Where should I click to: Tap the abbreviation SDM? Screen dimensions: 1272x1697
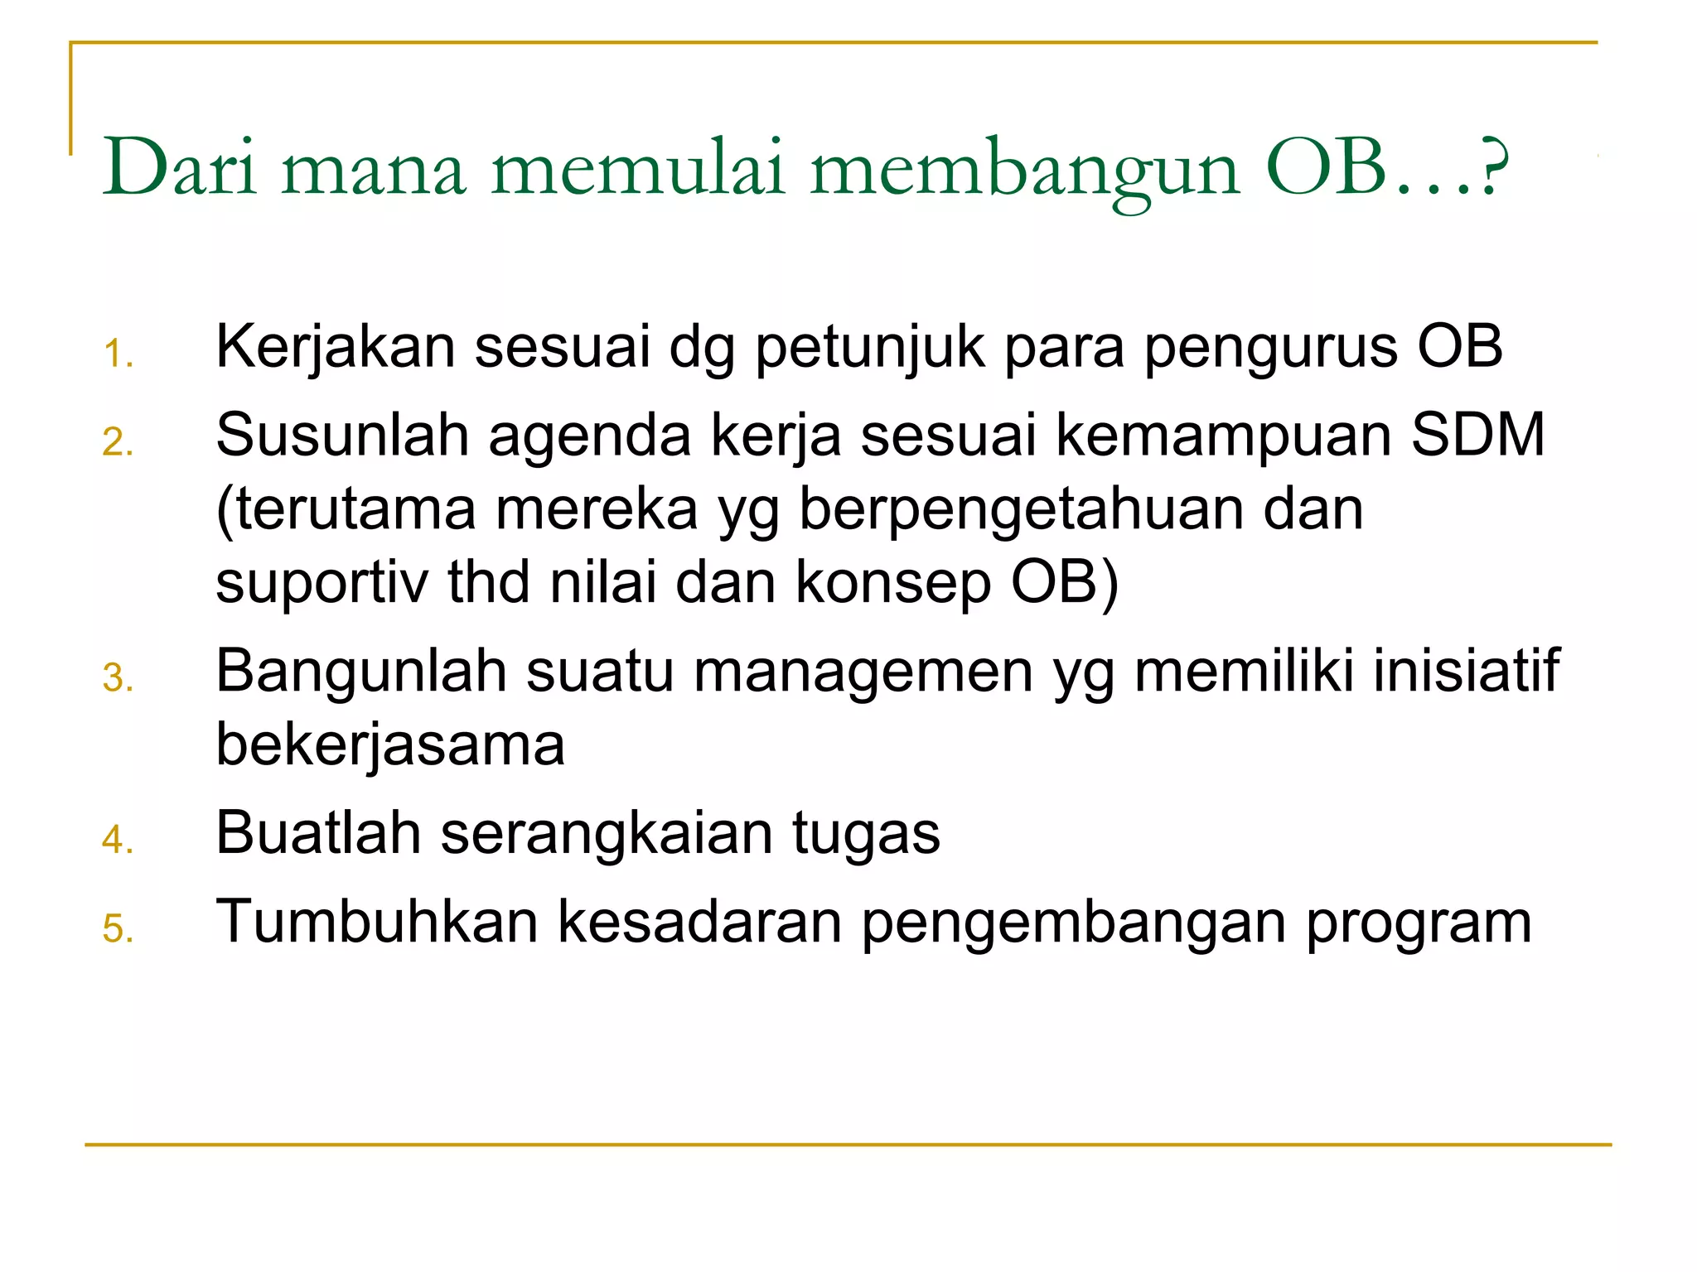[x=1478, y=436]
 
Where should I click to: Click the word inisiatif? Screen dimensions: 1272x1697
[x=1466, y=670]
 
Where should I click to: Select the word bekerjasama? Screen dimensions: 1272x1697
[x=390, y=744]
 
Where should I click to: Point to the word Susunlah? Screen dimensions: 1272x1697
[x=342, y=436]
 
